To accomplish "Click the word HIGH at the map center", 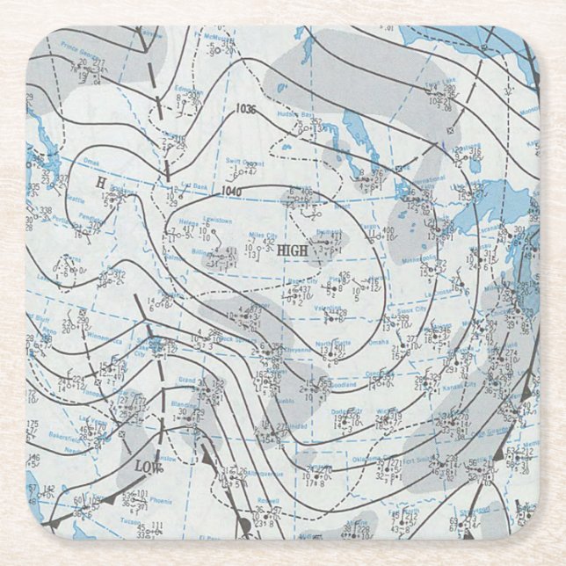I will [x=292, y=251].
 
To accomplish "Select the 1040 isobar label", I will [x=232, y=192].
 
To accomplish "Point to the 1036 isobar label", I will [x=247, y=109].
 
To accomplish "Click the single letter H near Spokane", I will [x=100, y=181].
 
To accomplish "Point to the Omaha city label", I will [x=379, y=343].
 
